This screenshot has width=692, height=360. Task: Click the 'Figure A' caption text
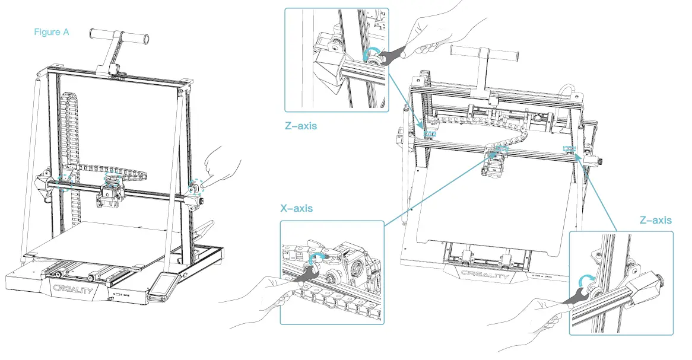pyautogui.click(x=51, y=32)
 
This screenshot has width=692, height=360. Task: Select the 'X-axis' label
pyautogui.click(x=297, y=209)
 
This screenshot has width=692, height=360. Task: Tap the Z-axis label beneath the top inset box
pyautogui.click(x=301, y=126)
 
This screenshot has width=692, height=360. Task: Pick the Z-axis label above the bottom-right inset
pyautogui.click(x=656, y=220)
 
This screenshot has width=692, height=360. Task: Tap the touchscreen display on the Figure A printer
pyautogui.click(x=162, y=288)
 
